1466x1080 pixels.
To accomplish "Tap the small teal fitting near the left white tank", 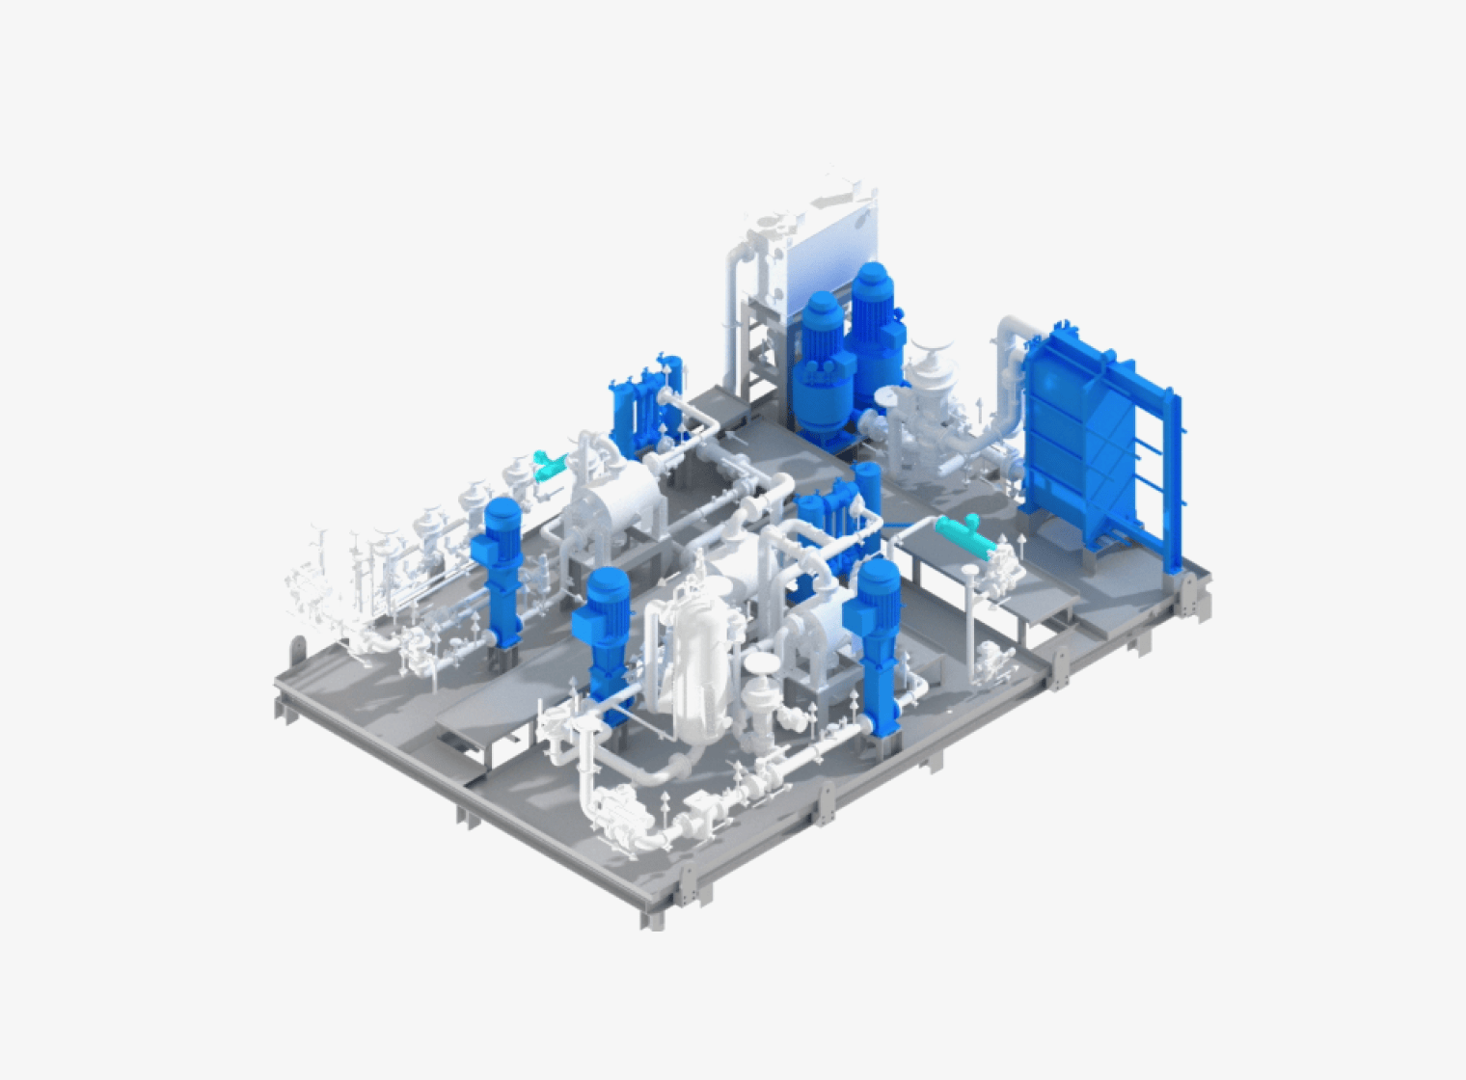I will tap(549, 465).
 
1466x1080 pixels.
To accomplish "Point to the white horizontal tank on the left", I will tap(617, 501).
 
